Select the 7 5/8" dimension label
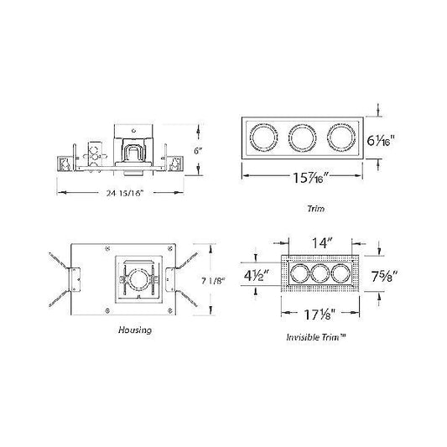click(x=384, y=274)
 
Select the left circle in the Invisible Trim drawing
click(x=299, y=275)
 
